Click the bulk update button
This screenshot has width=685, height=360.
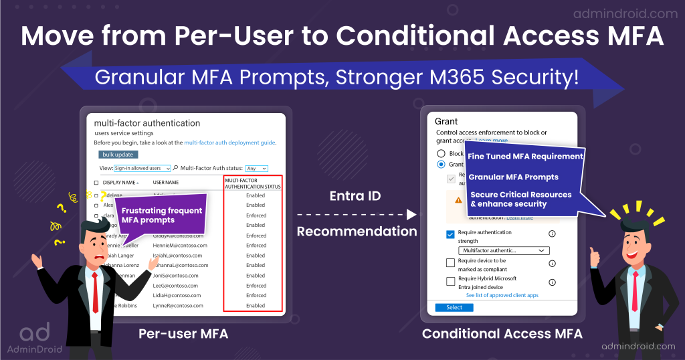119,155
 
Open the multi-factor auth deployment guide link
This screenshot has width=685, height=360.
229,143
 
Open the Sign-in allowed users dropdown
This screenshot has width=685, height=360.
142,168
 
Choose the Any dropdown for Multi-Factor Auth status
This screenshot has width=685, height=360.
256,168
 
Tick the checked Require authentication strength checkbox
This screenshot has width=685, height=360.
450,234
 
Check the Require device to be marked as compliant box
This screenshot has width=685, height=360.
450,263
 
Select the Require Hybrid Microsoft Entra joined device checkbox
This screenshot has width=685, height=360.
450,282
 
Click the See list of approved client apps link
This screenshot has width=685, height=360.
502,295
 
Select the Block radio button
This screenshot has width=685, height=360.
441,153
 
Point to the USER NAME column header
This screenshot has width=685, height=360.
165,182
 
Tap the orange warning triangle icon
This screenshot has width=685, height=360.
458,199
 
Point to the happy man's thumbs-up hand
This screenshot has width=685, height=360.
593,254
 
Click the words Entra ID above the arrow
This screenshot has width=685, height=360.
355,196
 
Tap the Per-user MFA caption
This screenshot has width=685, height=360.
183,333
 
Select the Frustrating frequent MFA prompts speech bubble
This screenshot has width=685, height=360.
161,215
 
